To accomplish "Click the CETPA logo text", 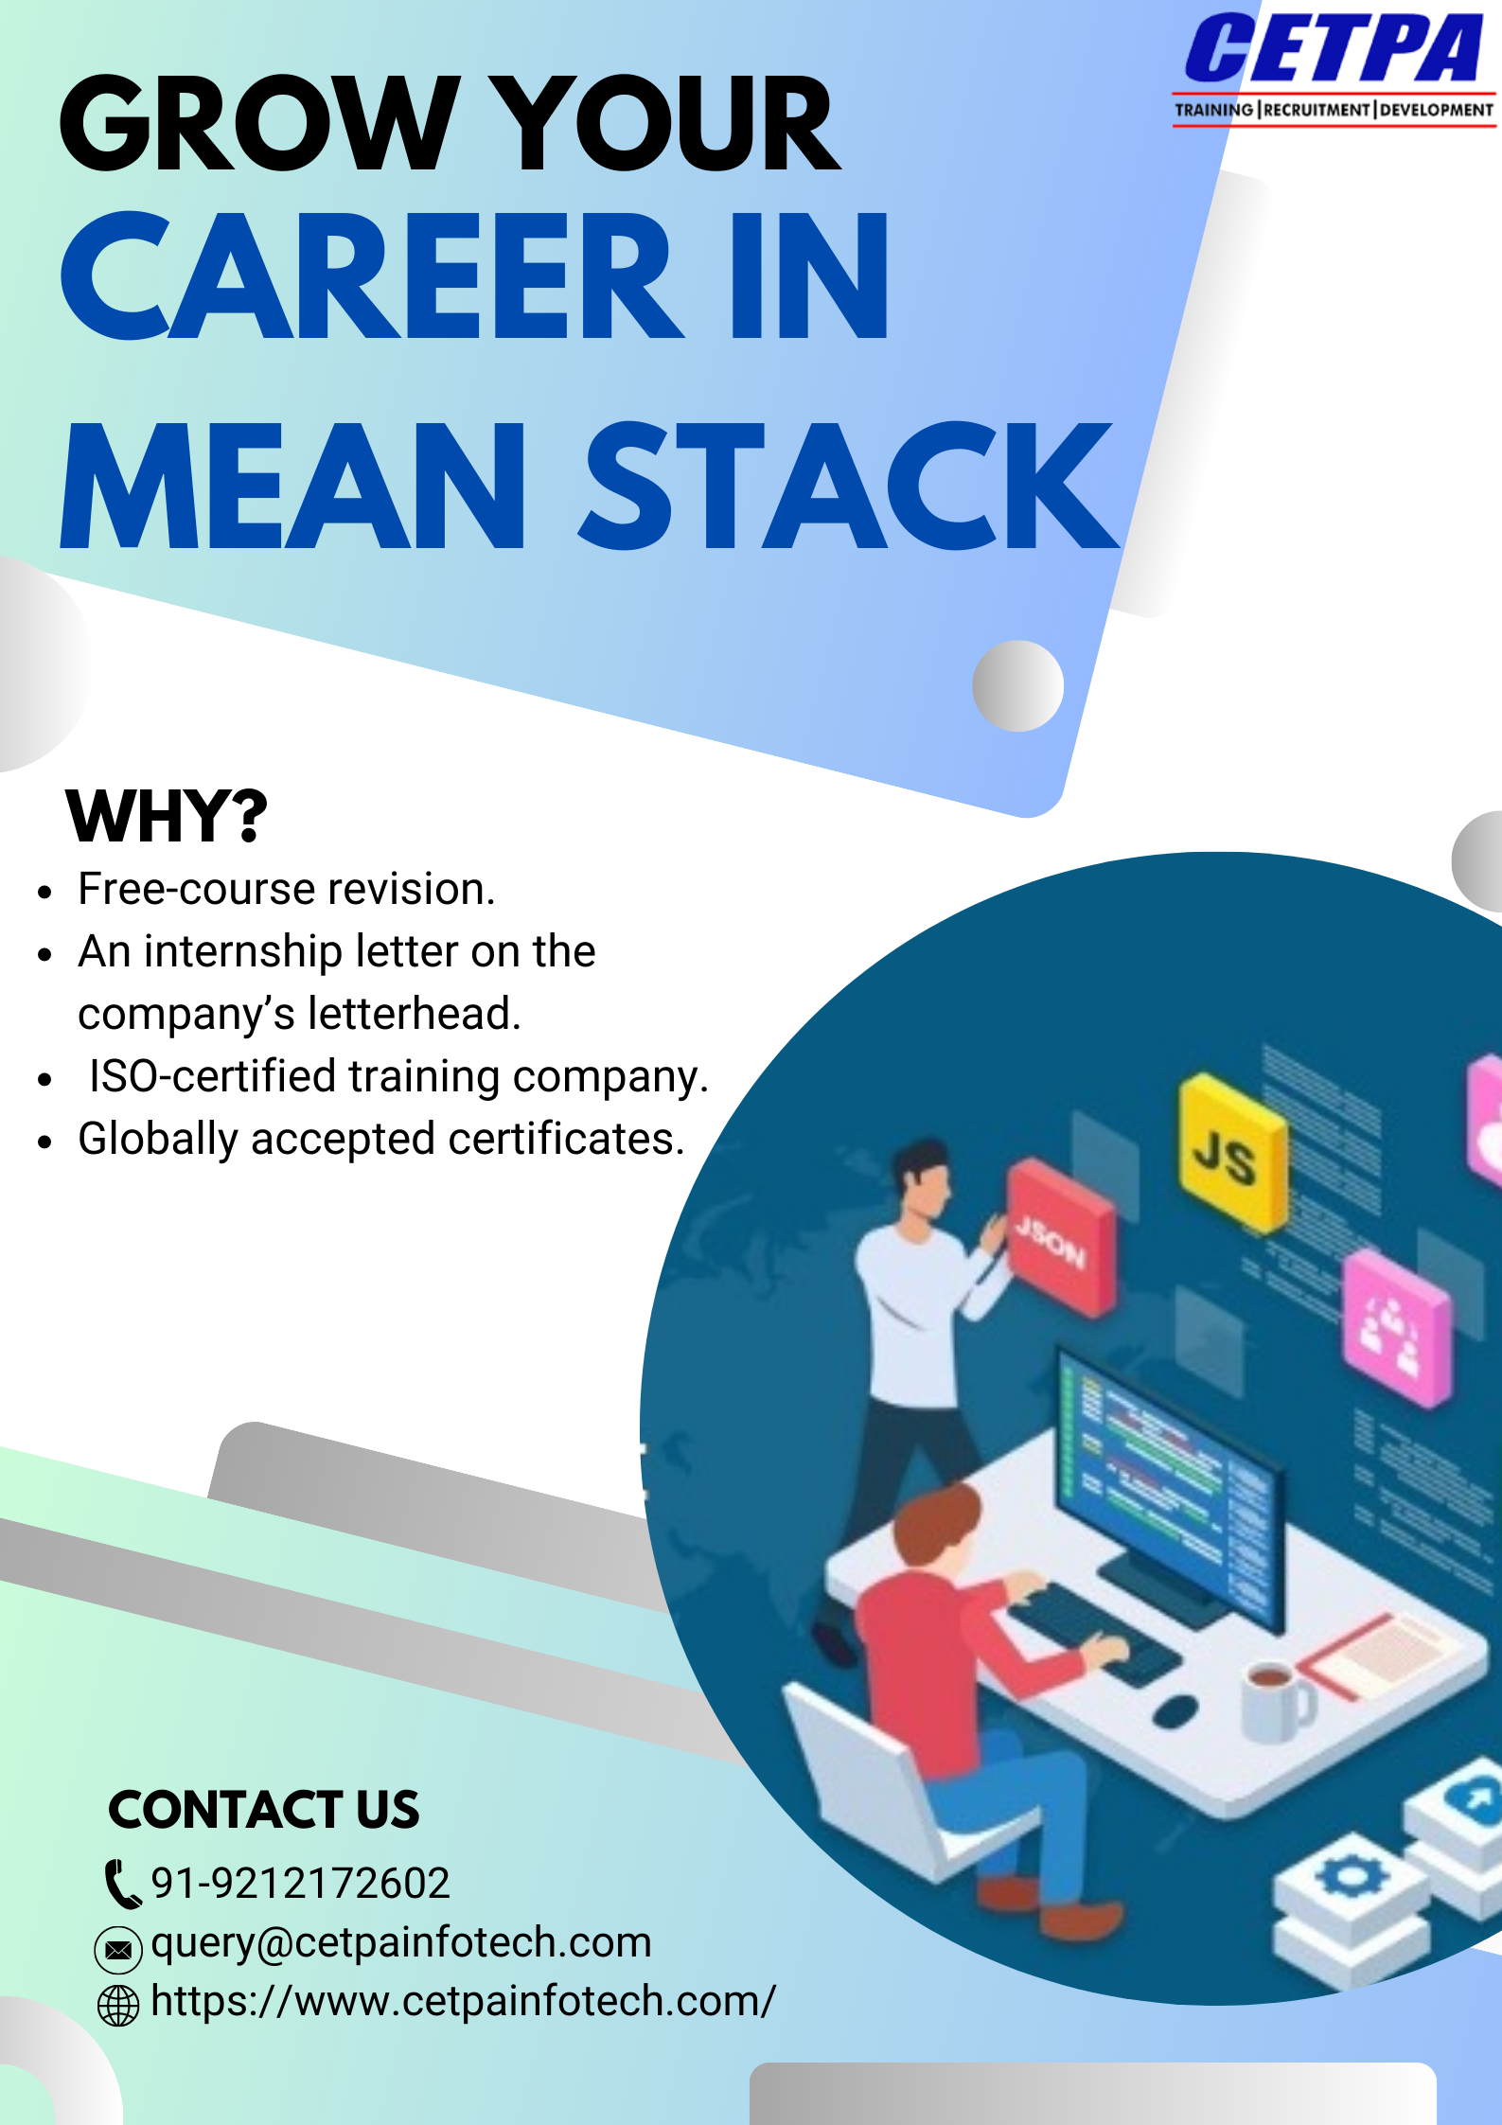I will (x=1333, y=49).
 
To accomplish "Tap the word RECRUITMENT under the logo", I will (x=1316, y=110).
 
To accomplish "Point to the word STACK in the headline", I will (x=848, y=487).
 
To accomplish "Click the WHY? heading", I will (x=167, y=816).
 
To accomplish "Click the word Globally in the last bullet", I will (x=157, y=1139).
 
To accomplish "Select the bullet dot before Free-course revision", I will (x=44, y=892).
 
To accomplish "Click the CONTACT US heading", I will (x=263, y=1810).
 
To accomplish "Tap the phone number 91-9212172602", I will (x=300, y=1883).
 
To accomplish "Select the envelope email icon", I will (x=118, y=1949).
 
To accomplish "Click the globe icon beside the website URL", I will (x=118, y=2005).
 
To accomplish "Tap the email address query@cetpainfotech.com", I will (x=401, y=1942).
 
